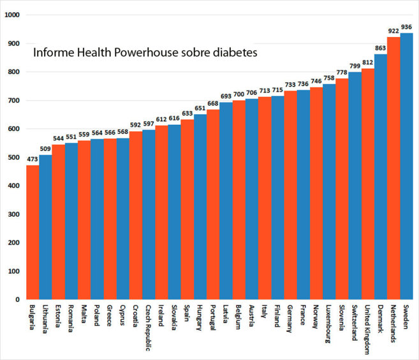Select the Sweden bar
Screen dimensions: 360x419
pos(406,166)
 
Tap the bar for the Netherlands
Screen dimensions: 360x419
pos(393,168)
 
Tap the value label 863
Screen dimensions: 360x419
pos(381,48)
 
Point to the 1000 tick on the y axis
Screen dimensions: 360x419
pos(11,15)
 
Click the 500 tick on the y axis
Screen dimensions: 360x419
pos(13,157)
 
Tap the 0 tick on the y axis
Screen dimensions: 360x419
pos(18,299)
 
